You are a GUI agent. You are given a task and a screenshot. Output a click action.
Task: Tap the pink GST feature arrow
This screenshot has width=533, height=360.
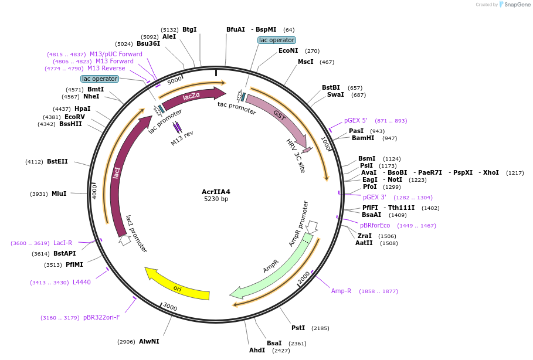point(279,117)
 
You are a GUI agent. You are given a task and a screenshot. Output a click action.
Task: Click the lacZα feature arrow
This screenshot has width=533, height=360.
point(192,97)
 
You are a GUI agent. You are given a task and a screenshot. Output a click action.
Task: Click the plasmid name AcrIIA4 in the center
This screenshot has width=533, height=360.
point(216,191)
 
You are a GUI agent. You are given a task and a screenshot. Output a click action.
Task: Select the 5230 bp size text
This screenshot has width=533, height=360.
point(216,199)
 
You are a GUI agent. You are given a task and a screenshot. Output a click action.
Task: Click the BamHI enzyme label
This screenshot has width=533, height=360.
point(362,138)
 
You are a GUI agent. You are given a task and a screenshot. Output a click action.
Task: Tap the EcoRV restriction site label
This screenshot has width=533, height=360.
point(74,117)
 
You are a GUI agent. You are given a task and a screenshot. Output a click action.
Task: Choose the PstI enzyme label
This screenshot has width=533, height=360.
point(298,328)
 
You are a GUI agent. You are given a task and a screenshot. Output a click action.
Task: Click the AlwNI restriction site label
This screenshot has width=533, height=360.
point(149,341)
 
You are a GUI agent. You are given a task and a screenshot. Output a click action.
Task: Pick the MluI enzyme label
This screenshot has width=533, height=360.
point(59,194)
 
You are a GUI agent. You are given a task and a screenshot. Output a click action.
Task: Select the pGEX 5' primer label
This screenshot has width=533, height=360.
point(355,120)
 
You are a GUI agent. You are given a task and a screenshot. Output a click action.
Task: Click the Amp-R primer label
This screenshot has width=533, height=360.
point(341,291)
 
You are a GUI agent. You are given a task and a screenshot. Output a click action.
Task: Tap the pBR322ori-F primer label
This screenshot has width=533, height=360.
point(101,317)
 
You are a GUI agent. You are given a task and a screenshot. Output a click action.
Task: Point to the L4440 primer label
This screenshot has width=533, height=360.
point(82,282)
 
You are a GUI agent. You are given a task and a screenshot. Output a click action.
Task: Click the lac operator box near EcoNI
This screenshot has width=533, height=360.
point(276,40)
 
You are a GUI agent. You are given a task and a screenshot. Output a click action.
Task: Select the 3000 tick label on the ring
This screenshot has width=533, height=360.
point(169,307)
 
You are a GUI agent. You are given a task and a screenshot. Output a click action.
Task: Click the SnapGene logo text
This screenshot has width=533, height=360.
point(518,4)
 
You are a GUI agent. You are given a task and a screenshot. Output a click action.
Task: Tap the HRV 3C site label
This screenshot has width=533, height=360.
point(296,155)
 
